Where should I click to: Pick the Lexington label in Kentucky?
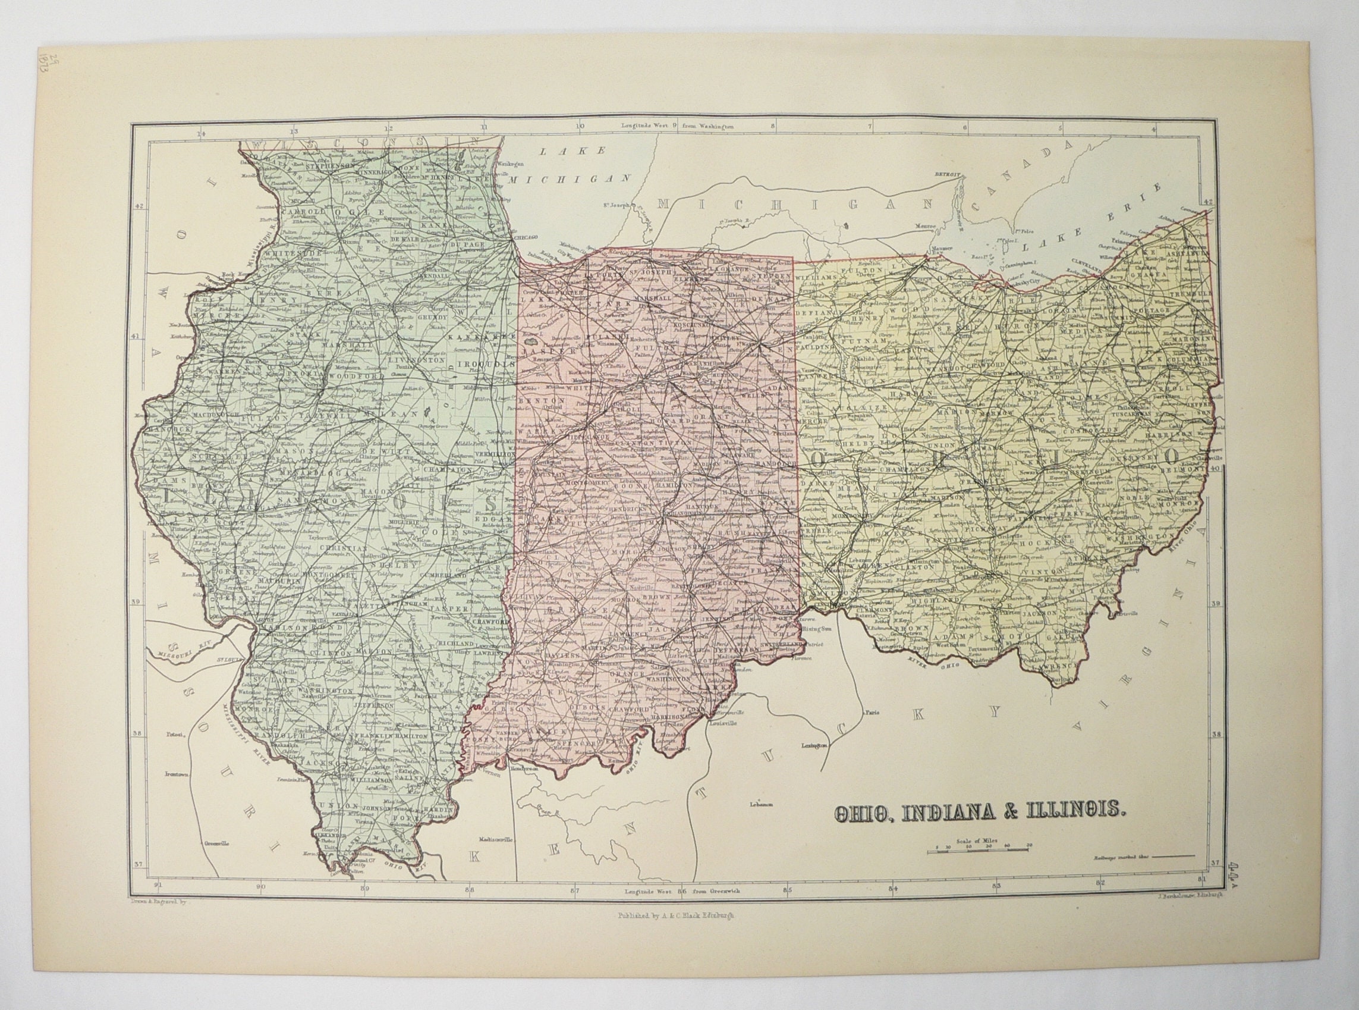click(x=814, y=746)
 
